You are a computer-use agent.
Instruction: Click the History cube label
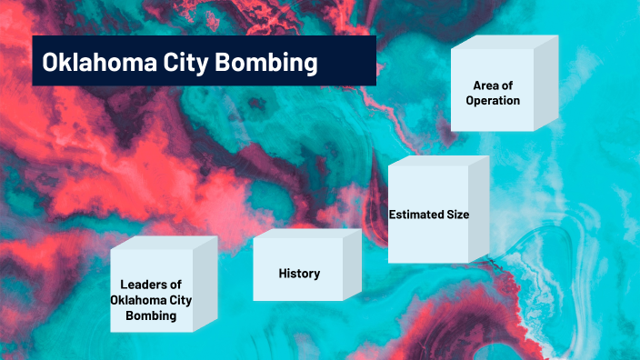298,274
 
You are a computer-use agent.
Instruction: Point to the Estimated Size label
428,215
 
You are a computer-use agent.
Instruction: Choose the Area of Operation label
493,93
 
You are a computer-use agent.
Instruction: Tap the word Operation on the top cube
493,101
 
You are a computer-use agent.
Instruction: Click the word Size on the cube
456,215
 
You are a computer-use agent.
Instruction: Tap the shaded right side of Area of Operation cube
545,84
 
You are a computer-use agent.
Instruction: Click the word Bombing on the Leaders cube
151,317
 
